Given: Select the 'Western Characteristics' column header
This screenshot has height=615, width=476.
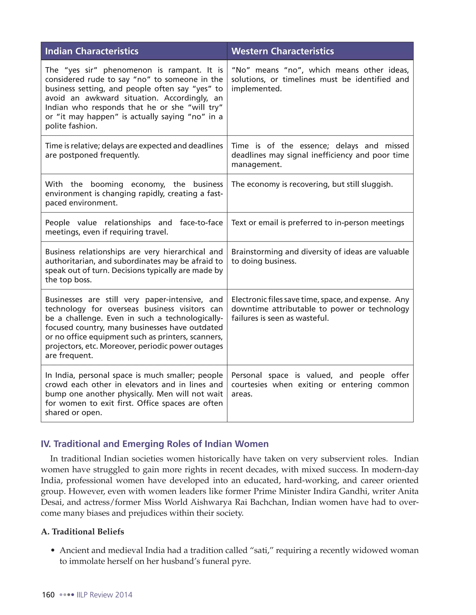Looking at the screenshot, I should tap(283, 51).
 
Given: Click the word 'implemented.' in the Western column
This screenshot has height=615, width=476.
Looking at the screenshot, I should tap(256, 89).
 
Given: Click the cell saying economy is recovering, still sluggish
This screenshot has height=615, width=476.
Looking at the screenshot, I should tap(312, 184).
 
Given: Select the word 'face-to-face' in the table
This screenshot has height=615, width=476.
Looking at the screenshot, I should tap(201, 223).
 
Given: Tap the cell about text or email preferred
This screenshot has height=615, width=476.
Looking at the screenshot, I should tap(317, 223).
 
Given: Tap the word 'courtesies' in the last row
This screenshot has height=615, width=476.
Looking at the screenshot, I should tap(249, 385).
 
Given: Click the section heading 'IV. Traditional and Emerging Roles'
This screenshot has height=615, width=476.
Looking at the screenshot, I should tap(155, 444).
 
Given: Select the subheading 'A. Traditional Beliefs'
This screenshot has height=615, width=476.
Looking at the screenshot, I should tap(82, 532).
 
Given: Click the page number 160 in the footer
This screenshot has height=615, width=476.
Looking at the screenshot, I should tap(48, 595).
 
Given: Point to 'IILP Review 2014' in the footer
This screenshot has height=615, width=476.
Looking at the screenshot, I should tap(104, 595).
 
